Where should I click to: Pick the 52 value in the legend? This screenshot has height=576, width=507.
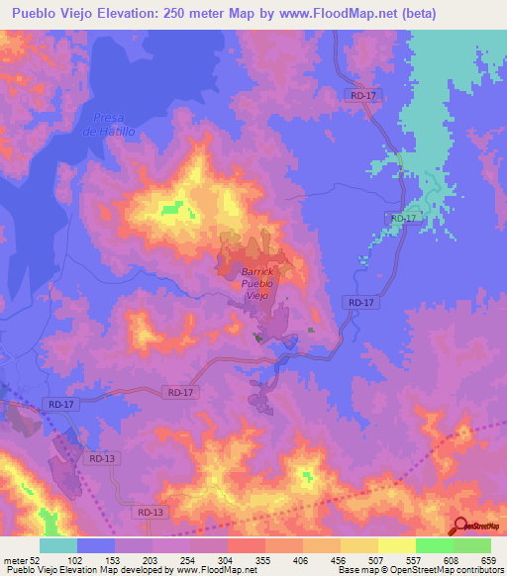(x=37, y=561)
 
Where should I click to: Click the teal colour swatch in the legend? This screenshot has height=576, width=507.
(x=58, y=545)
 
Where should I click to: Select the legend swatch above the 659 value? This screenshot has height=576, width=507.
(x=472, y=545)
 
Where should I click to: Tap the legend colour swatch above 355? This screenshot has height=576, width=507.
(x=247, y=545)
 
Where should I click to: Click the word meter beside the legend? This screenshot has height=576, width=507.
(x=14, y=561)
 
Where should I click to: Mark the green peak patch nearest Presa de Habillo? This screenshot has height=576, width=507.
(x=173, y=208)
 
